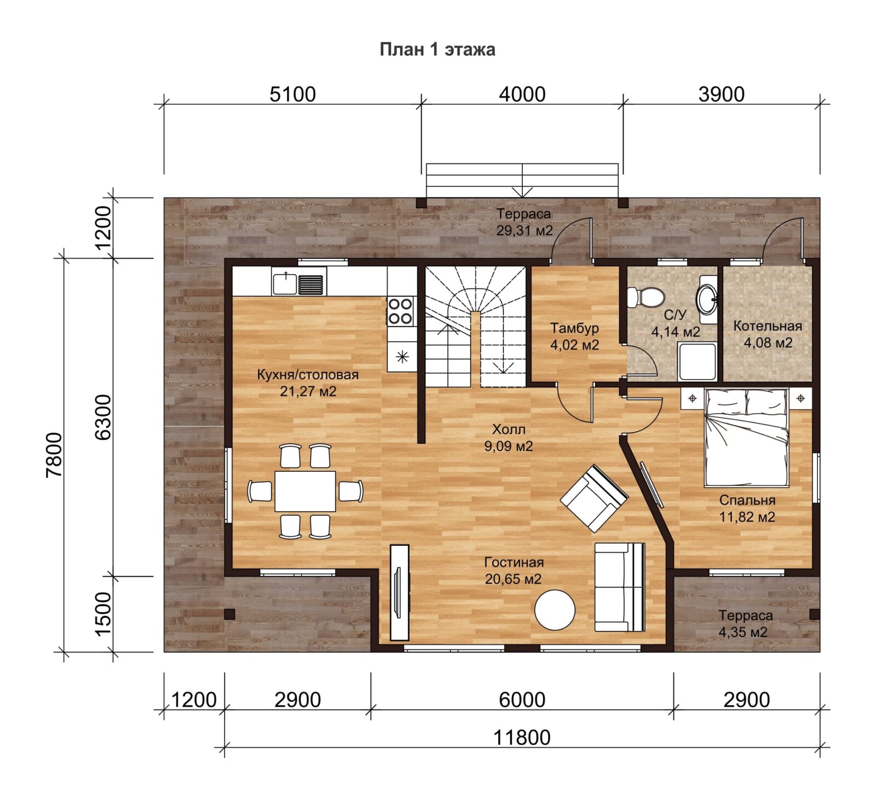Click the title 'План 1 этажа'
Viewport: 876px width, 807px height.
coord(437,49)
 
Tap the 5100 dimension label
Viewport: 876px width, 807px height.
coord(293,94)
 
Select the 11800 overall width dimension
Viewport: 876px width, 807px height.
coord(522,737)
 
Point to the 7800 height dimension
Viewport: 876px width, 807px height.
coord(54,455)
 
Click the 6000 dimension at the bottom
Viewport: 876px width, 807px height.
coord(522,700)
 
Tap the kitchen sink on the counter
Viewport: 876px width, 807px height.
coord(298,282)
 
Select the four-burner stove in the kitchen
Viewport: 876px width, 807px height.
coord(400,311)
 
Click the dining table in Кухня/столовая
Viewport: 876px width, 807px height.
coord(305,491)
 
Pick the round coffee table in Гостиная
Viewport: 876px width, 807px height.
coord(555,610)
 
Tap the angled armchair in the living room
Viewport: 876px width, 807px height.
coord(594,499)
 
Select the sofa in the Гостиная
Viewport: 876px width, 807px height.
coord(620,587)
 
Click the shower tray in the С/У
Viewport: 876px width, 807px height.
coord(697,362)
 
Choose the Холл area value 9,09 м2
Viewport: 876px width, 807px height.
coord(508,446)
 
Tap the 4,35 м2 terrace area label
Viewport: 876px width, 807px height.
coord(742,632)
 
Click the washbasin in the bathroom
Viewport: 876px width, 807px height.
coord(707,299)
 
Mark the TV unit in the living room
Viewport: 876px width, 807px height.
coord(399,592)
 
